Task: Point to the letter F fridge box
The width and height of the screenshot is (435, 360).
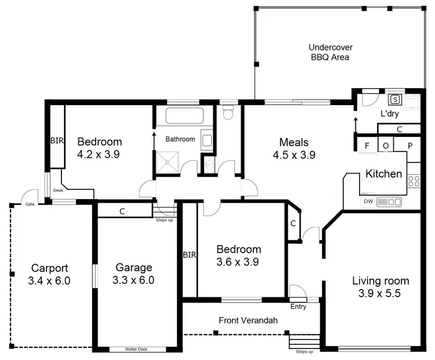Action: [x=367, y=145]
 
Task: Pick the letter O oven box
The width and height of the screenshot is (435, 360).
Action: [x=386, y=145]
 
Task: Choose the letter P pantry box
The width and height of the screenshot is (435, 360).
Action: [x=409, y=145]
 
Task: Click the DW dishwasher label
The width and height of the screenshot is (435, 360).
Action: [x=368, y=201]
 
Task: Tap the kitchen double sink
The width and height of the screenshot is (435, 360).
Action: [x=389, y=201]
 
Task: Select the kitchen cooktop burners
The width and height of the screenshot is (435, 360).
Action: [x=414, y=180]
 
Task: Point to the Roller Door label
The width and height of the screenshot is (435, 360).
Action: [x=136, y=350]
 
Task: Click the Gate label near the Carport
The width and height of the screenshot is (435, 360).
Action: [x=28, y=204]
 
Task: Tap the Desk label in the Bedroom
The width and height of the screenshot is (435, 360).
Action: [x=57, y=190]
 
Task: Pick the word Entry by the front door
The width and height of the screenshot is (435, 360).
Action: [x=298, y=307]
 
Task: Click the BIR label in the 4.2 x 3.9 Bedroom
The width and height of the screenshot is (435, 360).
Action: [x=56, y=141]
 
